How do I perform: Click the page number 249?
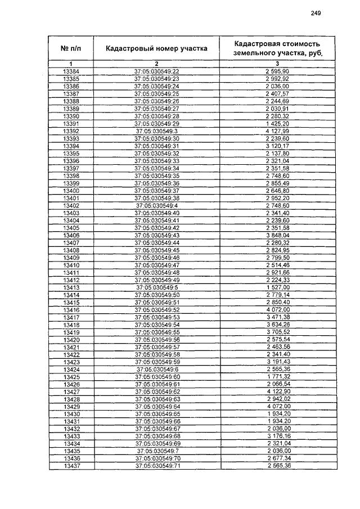[x=316, y=15]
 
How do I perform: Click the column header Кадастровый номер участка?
[x=156, y=48]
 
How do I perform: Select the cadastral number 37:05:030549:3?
[x=156, y=131]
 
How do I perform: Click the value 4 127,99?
[x=277, y=131]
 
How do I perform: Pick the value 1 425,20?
[x=277, y=124]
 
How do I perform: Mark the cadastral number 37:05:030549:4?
[x=156, y=206]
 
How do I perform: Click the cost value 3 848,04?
[x=277, y=236]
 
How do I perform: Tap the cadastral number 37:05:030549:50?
[x=156, y=295]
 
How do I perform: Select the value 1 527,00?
[x=277, y=287]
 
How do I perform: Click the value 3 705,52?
[x=277, y=332]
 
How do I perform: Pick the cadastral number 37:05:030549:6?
[x=156, y=370]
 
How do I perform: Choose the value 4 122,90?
[x=277, y=392]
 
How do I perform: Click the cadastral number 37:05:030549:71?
[x=156, y=466]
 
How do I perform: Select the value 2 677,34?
[x=277, y=459]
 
